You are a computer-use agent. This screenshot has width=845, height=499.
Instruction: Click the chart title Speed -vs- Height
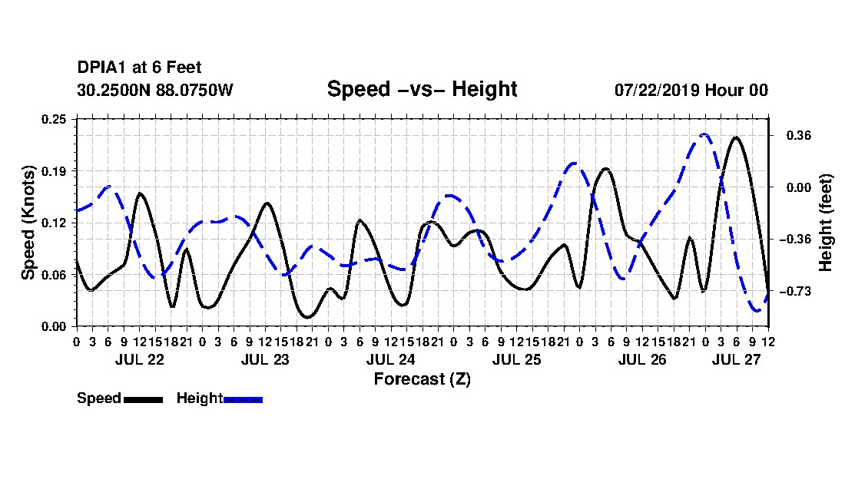point(422,89)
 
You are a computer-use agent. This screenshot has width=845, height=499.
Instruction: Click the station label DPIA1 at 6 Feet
point(139,68)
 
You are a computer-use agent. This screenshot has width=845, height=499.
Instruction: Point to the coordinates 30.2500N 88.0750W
point(154,90)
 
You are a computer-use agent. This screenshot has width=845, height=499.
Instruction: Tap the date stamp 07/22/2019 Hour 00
point(691,90)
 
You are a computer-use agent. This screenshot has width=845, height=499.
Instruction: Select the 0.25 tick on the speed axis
point(54,119)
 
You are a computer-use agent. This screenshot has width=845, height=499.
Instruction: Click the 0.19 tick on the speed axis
point(54,171)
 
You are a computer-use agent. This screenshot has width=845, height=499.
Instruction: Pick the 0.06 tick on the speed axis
point(54,275)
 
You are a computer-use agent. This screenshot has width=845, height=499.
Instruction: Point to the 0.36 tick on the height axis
point(799,136)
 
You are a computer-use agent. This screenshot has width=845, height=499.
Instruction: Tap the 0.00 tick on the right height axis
point(799,187)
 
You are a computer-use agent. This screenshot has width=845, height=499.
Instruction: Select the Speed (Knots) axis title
point(28,223)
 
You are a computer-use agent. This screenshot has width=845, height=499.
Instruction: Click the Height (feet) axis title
point(825,223)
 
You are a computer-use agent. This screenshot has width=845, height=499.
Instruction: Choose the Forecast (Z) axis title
point(422,379)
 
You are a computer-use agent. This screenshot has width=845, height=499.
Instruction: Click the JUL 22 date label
point(139,359)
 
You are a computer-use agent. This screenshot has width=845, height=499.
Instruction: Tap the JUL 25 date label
point(516,359)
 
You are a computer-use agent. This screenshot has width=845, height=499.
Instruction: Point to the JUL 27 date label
point(736,359)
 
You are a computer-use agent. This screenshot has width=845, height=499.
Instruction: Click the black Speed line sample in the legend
point(144,399)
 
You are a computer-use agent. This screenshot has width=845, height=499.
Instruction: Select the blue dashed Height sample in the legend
point(243,399)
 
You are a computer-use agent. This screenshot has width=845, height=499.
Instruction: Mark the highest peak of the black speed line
point(736,137)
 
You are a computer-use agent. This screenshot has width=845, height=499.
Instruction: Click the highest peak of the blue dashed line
point(704,134)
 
